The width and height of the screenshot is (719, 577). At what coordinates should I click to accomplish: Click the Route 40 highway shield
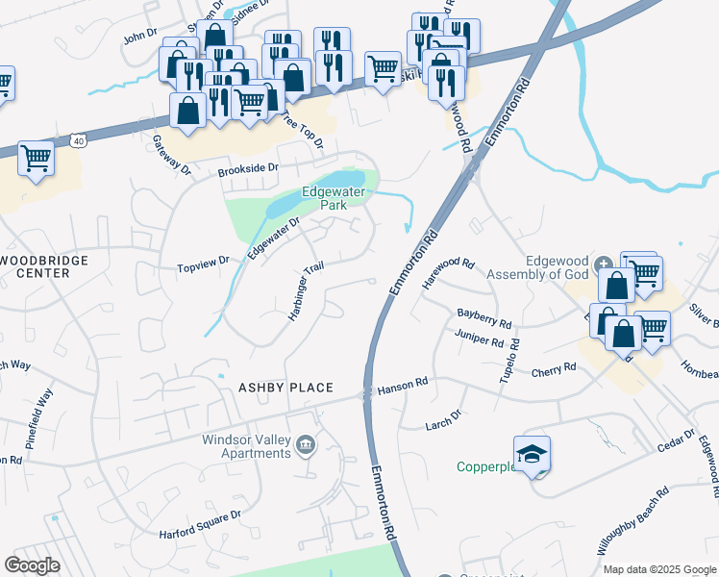pos(79,141)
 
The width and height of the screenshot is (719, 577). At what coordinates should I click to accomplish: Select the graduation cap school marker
pos(532,456)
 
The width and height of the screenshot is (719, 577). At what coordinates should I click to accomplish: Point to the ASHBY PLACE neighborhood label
pos(285,388)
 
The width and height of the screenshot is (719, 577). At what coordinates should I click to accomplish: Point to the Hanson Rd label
pos(403,385)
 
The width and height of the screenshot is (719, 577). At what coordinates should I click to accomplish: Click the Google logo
pos(32,564)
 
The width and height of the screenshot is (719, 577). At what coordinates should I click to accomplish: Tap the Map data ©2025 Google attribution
pos(659,569)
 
